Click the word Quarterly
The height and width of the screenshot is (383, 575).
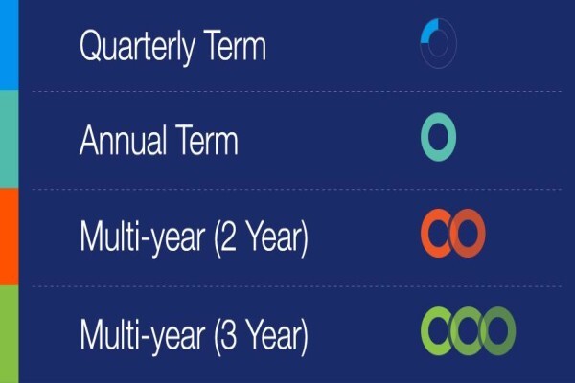coord(137,47)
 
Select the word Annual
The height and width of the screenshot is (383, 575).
coord(122,140)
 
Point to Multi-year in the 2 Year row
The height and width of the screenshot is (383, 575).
coord(142,237)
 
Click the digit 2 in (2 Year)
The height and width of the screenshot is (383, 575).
coord(229,237)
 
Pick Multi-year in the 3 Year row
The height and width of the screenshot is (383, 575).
coord(142,336)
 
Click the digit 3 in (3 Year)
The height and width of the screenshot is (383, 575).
coord(229,335)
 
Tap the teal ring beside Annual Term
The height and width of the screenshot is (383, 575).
coord(425,137)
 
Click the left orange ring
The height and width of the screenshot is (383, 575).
coord(425,234)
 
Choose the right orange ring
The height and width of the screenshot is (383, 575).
coord(481,234)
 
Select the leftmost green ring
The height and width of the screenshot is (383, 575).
coord(425,331)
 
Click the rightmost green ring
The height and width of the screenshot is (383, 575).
coord(511,331)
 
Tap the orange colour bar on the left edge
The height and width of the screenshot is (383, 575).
coord(9,237)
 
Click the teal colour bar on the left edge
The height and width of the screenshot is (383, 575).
coord(9,139)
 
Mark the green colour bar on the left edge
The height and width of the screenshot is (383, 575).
coord(9,334)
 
